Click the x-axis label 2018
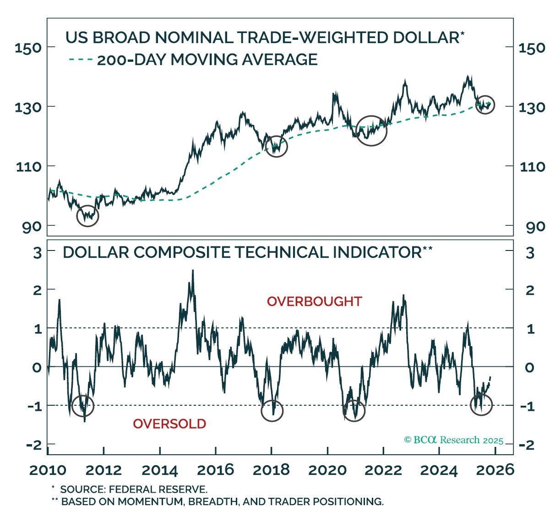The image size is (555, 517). point(271,470)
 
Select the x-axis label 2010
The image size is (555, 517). point(48,470)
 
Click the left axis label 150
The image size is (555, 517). point(28,48)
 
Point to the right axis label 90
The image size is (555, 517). point(533,227)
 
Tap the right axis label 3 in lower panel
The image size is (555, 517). point(530,253)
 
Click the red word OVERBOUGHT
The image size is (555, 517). point(315,302)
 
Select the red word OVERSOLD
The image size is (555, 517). point(169,424)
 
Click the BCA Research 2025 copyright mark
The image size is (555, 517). point(453,440)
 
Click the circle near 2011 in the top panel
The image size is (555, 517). point(87,216)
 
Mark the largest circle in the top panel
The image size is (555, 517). point(371,131)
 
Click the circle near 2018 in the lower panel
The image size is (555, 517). point(272,411)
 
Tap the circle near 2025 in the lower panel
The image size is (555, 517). point(481,404)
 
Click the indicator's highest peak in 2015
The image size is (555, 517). point(193,271)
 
